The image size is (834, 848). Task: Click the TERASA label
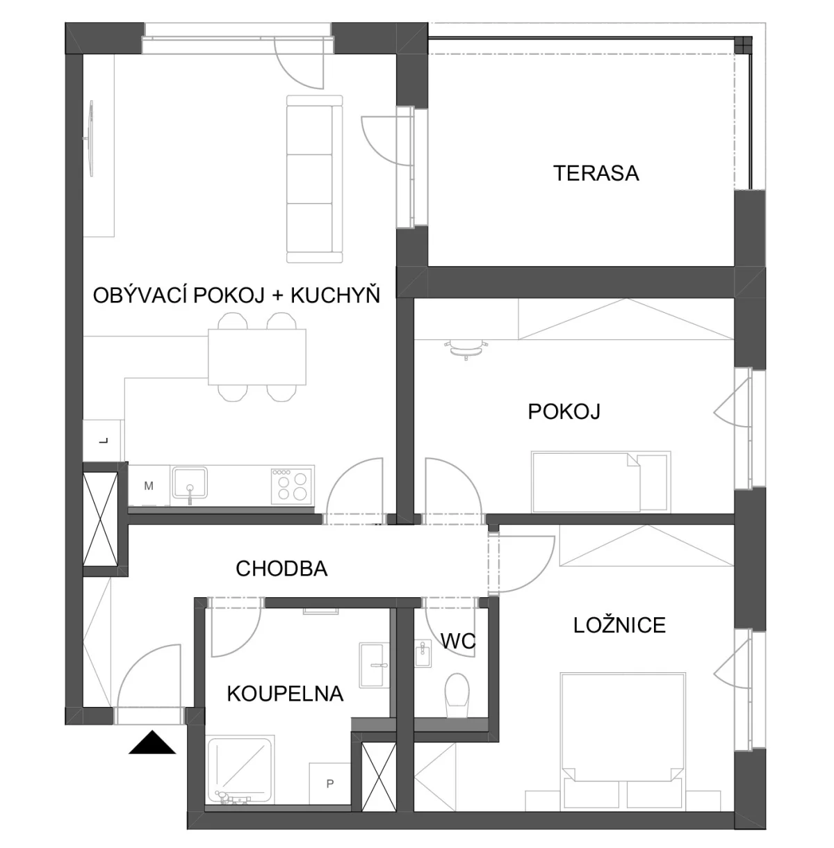(x=596, y=173)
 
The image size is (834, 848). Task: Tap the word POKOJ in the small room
(x=564, y=412)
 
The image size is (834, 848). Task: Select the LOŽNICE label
(x=619, y=626)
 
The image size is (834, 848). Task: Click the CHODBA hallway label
(x=281, y=569)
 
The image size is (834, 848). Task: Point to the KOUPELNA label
(x=285, y=694)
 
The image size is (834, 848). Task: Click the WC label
(x=458, y=641)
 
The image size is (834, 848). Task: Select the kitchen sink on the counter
(x=190, y=483)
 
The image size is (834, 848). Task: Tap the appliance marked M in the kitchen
(x=149, y=486)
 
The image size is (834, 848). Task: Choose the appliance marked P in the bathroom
(x=329, y=784)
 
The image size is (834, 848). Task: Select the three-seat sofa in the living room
(x=314, y=179)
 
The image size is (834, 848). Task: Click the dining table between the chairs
(x=257, y=357)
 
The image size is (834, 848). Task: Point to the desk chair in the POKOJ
(x=466, y=348)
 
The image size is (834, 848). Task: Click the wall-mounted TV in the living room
(x=90, y=138)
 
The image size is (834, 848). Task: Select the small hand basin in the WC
(x=423, y=653)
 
